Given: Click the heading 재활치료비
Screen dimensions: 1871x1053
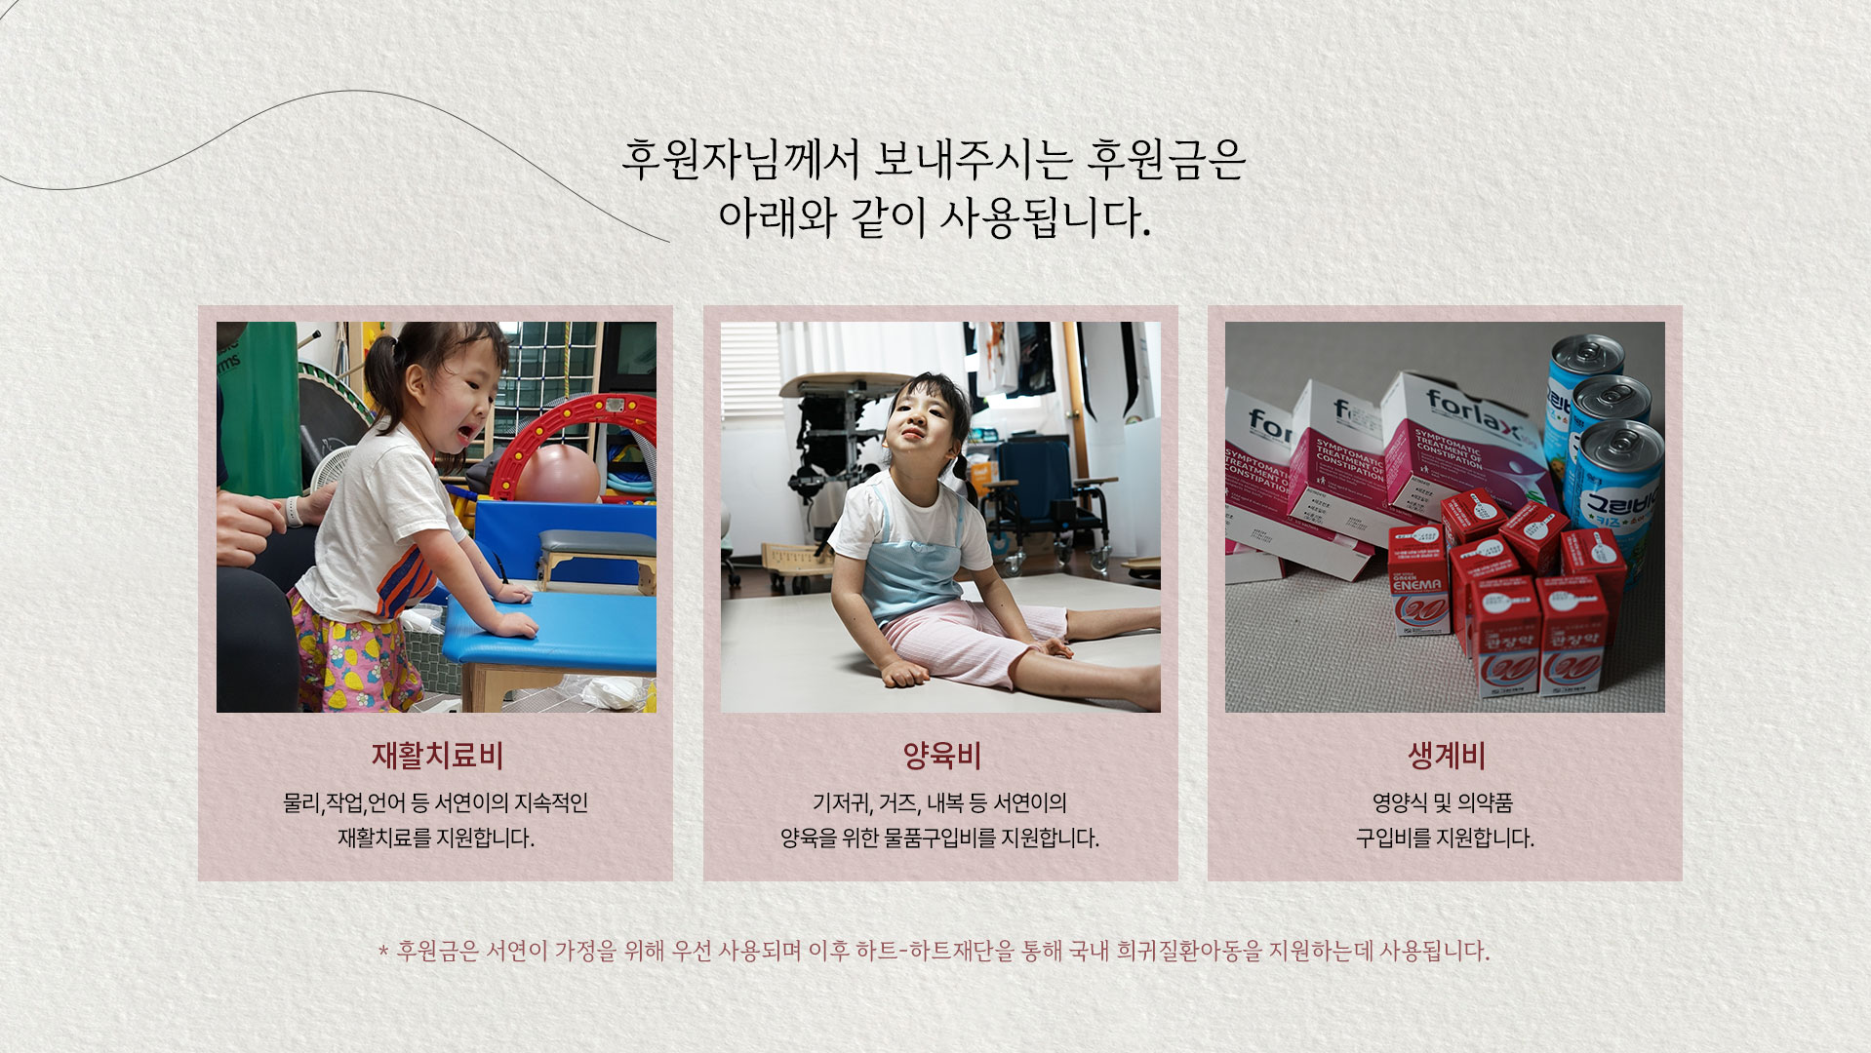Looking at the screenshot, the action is click(437, 756).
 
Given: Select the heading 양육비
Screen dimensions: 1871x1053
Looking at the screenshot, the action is click(941, 756).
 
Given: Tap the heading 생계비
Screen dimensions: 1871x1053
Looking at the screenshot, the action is click(1446, 756).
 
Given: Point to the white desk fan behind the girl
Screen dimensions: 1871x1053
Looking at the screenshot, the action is click(329, 469).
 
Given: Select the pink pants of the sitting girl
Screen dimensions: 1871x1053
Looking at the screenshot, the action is click(961, 639).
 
